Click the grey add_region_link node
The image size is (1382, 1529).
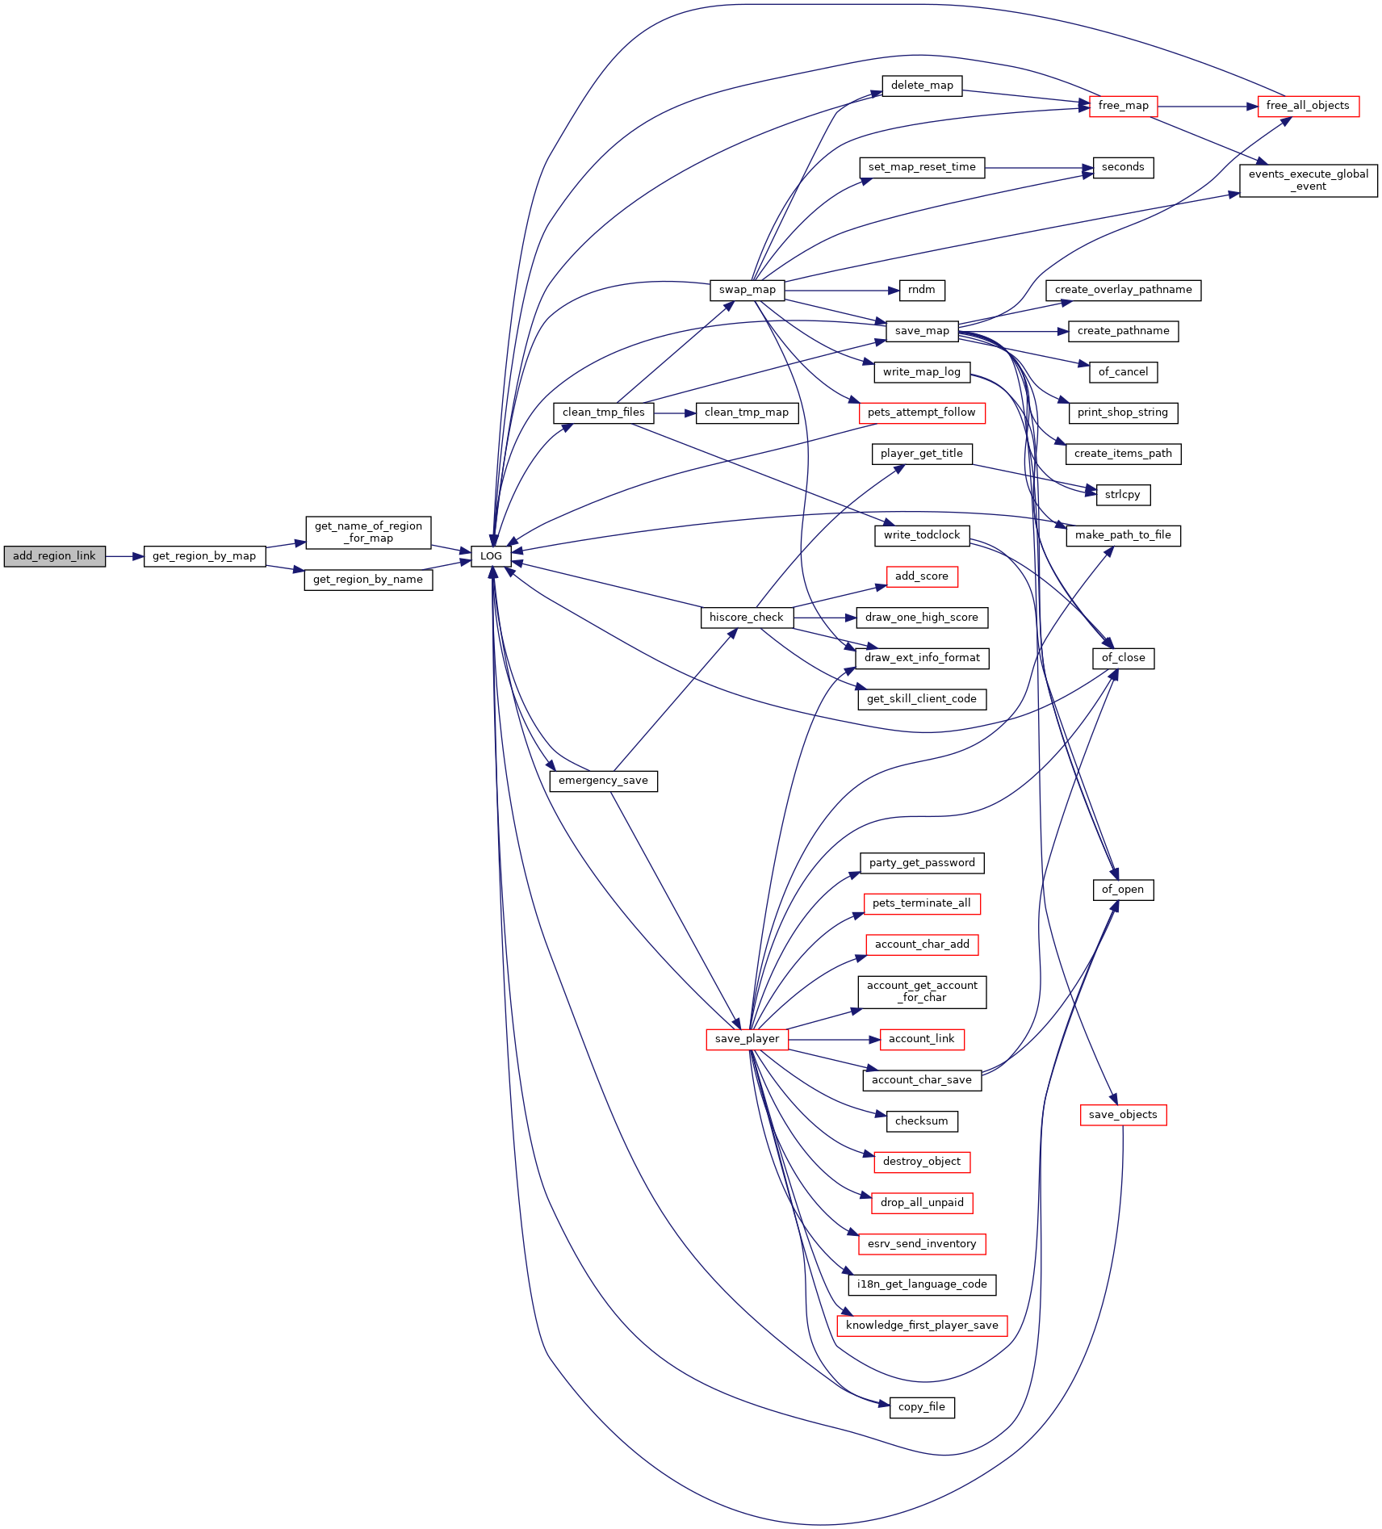point(54,556)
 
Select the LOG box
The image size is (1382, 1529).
point(491,556)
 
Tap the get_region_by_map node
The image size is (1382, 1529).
point(204,556)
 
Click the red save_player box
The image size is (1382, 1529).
point(747,1039)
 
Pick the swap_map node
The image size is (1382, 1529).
point(747,290)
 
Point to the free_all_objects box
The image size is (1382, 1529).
point(1308,106)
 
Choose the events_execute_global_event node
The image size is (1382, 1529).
point(1308,180)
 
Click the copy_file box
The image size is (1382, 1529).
point(922,1407)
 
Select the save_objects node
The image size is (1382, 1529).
point(1123,1115)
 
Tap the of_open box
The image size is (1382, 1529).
point(1123,890)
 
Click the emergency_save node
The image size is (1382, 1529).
point(603,781)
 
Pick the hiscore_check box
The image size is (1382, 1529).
point(747,618)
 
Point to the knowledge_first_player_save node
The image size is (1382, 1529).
point(922,1326)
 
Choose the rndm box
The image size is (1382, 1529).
point(922,290)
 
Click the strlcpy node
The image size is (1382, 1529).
point(1123,495)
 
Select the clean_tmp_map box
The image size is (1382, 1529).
point(747,413)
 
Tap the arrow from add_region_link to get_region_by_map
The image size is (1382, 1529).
point(124,556)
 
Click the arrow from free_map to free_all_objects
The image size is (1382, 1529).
point(1208,106)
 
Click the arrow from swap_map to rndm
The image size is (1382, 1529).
point(841,290)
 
